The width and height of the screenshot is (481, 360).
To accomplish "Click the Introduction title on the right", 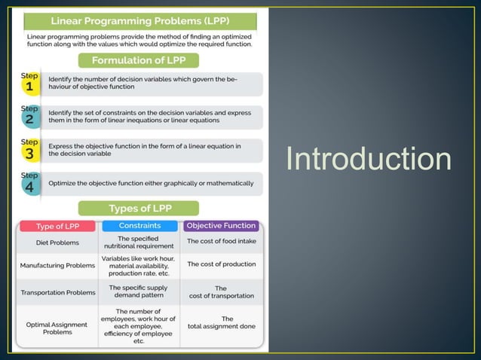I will [x=369, y=160].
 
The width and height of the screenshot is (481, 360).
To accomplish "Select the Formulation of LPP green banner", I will [x=139, y=60].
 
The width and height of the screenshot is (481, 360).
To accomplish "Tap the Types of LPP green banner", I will [x=139, y=209].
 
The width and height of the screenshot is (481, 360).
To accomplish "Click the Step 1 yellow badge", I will [x=29, y=83].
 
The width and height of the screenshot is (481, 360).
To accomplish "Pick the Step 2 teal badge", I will [x=29, y=116].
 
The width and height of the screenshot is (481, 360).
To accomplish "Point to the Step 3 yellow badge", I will [x=29, y=149].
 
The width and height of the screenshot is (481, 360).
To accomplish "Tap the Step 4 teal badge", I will [x=29, y=183].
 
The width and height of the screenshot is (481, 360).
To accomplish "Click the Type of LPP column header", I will [x=57, y=226].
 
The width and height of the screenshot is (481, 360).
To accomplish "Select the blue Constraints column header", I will [x=139, y=225].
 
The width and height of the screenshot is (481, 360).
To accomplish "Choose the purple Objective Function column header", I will [x=222, y=225].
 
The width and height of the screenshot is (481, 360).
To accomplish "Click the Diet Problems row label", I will [x=57, y=243].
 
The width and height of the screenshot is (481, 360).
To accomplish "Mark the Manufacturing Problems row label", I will [x=57, y=265].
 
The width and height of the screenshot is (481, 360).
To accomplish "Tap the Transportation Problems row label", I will [x=57, y=292].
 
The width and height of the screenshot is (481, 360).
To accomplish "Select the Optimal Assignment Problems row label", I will [x=57, y=328].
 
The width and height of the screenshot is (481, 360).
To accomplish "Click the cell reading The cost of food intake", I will [x=222, y=242].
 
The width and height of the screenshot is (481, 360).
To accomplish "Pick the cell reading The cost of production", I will [x=222, y=264].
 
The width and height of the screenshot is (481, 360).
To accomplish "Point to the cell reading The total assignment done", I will [x=222, y=322].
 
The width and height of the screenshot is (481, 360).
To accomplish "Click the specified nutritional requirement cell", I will [x=139, y=242].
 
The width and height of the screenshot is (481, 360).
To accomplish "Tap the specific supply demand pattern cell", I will [x=139, y=291].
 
